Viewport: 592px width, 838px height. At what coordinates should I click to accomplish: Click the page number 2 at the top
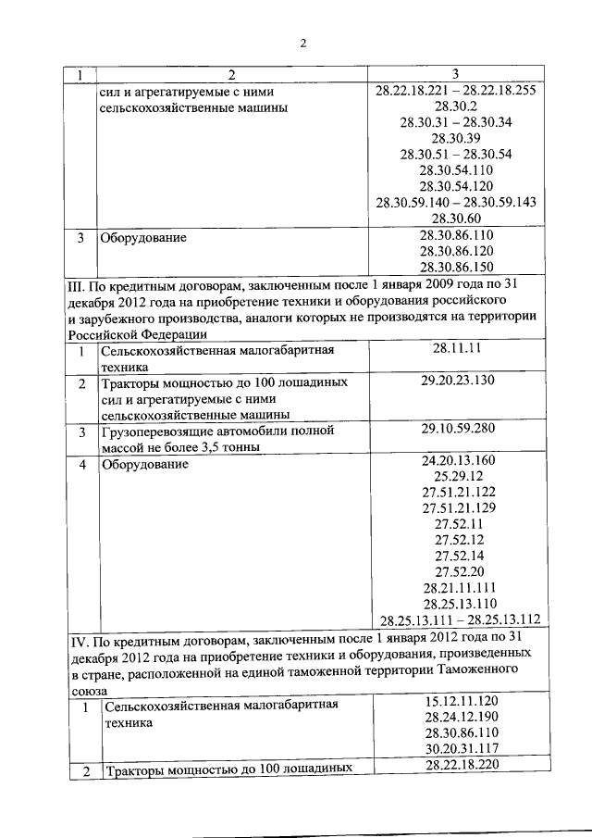point(302,42)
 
